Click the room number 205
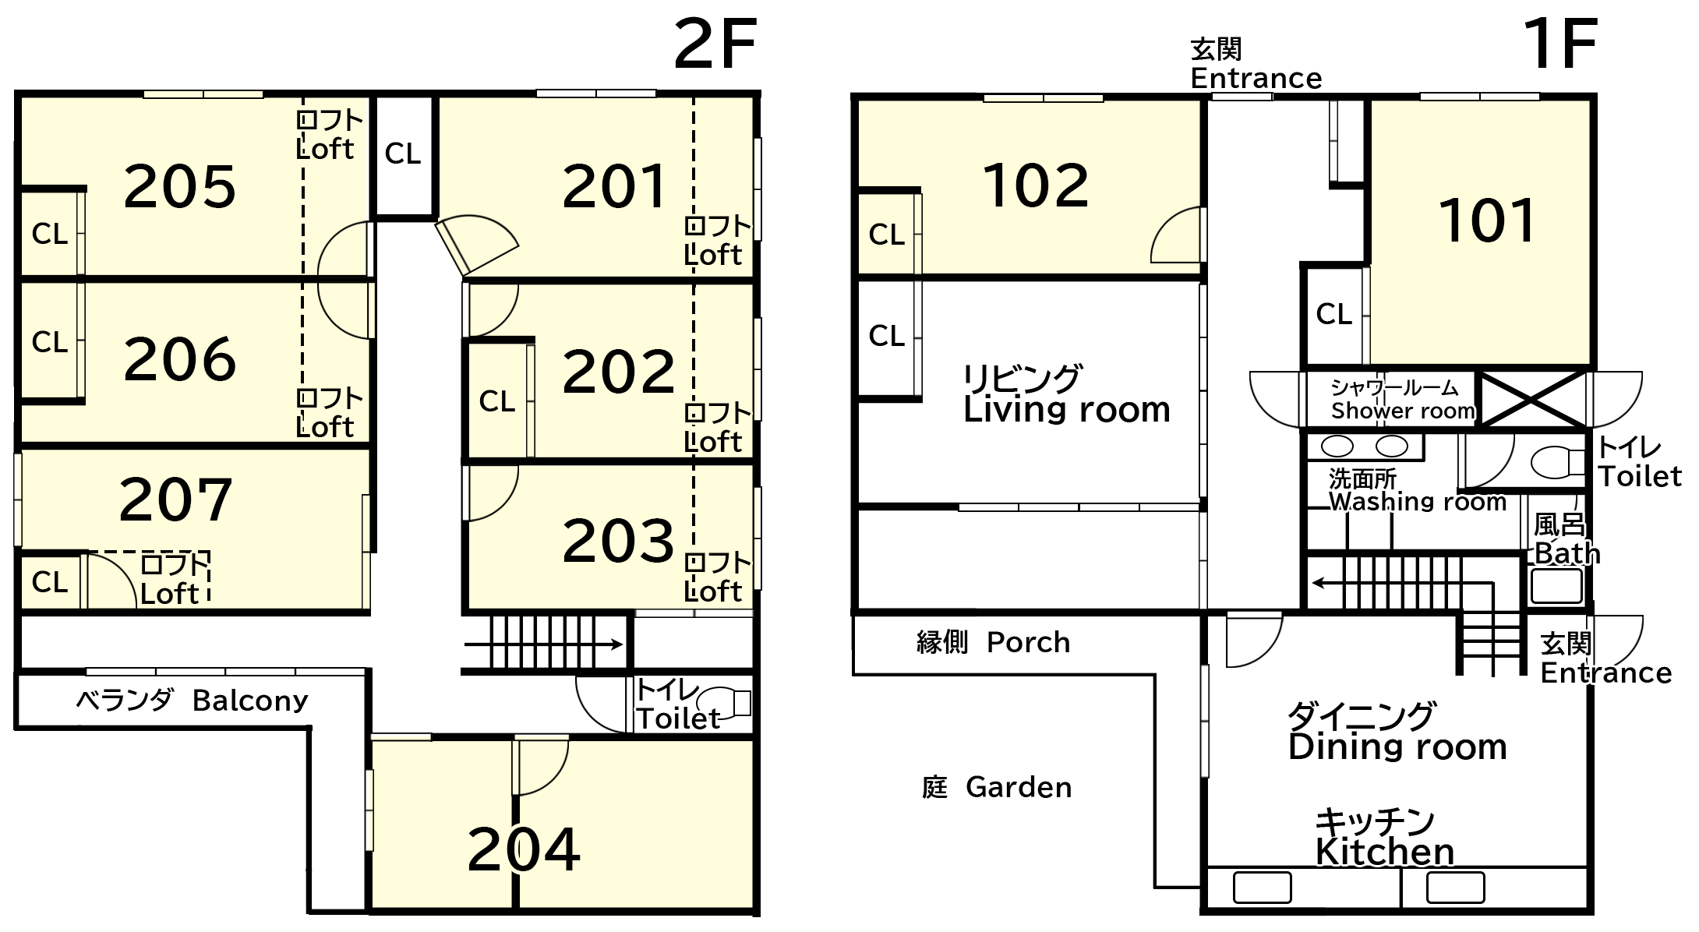(x=180, y=187)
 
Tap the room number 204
(x=524, y=849)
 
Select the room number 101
(x=1487, y=221)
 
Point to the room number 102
(x=1036, y=185)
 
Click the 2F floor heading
(x=715, y=45)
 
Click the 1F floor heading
(x=1560, y=45)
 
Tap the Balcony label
(x=250, y=701)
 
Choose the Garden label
(x=1019, y=787)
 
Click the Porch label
(x=1028, y=642)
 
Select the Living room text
(x=1067, y=410)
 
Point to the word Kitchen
(x=1385, y=853)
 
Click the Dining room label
(x=1397, y=747)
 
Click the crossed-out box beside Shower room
(x=1532, y=399)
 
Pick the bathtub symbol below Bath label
(x=1556, y=585)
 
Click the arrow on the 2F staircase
(x=543, y=644)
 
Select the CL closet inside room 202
(x=497, y=401)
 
